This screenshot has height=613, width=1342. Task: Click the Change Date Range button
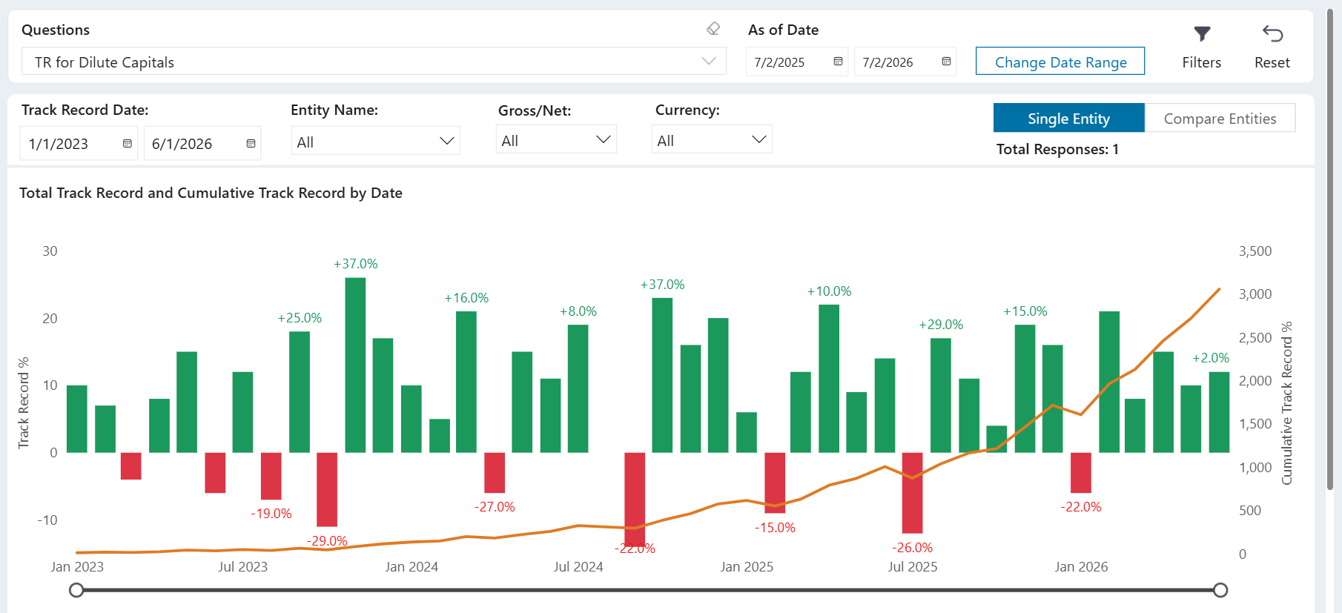1060,62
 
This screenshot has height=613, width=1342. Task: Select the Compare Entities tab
1220,119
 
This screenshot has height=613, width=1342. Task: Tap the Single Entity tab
1068,119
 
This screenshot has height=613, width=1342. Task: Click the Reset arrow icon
1272,34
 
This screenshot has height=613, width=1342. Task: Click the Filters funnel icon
1202,34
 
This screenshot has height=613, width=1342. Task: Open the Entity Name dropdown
375,141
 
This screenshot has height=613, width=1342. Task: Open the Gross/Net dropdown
556,140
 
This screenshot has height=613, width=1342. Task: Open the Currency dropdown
712,140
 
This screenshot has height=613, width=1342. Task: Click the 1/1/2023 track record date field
79,144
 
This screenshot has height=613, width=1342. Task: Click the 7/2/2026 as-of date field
905,62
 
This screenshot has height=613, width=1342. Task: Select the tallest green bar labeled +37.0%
355,365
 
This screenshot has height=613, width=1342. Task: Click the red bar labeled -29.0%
327,489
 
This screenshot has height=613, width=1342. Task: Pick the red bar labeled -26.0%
912,493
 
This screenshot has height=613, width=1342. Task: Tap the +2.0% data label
1210,358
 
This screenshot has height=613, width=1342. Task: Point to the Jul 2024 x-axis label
578,567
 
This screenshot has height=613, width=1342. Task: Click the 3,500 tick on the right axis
1255,251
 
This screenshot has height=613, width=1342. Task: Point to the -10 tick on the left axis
47,520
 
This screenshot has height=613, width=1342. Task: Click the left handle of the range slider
76,590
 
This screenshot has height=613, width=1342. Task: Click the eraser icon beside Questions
713,29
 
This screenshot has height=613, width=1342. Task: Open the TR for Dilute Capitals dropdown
374,62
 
